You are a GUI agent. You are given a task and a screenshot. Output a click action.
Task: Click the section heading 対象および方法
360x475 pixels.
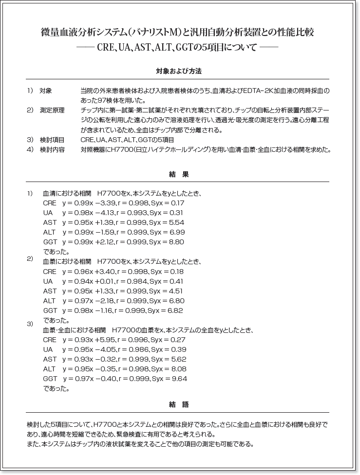pyautogui.click(x=179, y=71)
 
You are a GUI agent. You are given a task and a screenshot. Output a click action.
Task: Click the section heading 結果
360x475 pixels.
pyautogui.click(x=179, y=174)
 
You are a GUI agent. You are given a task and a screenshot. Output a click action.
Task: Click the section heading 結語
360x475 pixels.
pyautogui.click(x=179, y=404)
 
